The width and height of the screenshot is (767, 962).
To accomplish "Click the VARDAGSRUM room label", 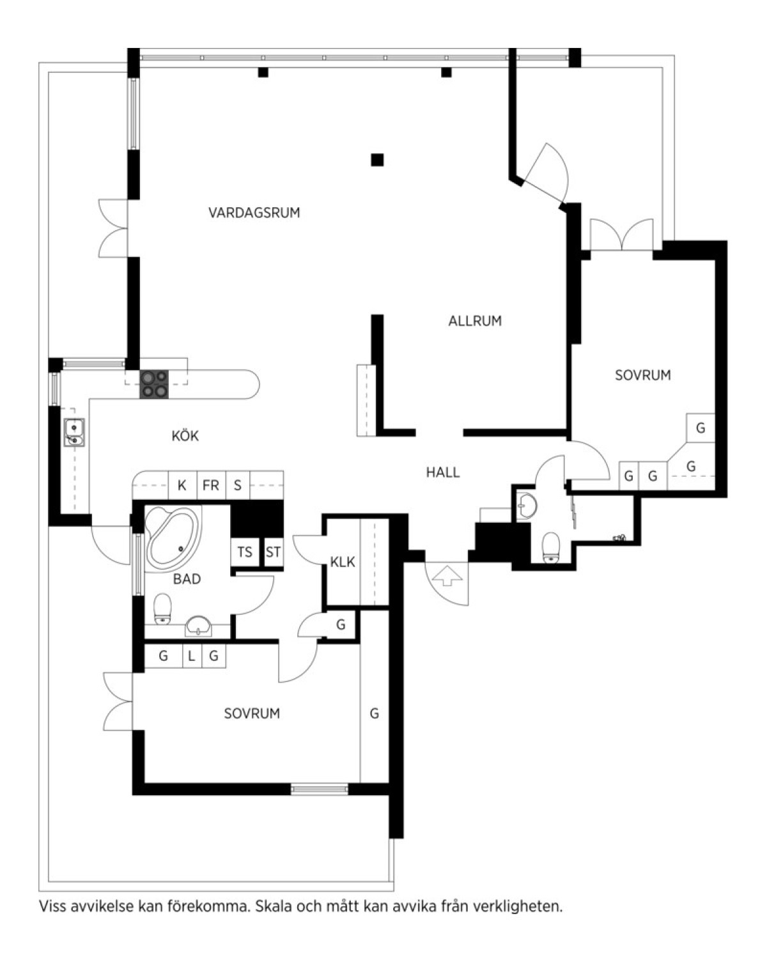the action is pyautogui.click(x=254, y=212).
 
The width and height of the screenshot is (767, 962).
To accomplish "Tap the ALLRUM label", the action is pyautogui.click(x=475, y=320).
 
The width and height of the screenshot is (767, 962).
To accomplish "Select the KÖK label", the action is pyautogui.click(x=185, y=435).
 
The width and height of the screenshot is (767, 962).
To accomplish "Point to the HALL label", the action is pyautogui.click(x=442, y=472).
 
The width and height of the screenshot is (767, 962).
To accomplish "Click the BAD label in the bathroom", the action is pyautogui.click(x=187, y=579).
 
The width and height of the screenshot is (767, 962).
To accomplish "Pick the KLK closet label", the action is pyautogui.click(x=343, y=562).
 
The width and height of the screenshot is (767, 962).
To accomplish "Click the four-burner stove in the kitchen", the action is pyautogui.click(x=154, y=384).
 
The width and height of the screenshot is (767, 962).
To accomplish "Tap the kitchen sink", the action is pyautogui.click(x=74, y=432).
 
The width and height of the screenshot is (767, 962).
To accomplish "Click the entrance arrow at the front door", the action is pyautogui.click(x=447, y=576).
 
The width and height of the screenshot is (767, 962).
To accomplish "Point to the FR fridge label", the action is pyautogui.click(x=210, y=485).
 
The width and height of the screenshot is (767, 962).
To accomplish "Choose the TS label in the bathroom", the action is pyautogui.click(x=245, y=552).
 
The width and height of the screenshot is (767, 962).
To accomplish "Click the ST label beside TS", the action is pyautogui.click(x=273, y=552).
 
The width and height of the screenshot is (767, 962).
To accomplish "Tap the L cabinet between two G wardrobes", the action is pyautogui.click(x=192, y=656).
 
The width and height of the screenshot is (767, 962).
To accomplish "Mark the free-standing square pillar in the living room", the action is pyautogui.click(x=377, y=160).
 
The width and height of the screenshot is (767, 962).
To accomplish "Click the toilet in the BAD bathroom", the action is pyautogui.click(x=162, y=609).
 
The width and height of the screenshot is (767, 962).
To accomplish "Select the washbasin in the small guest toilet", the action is pyautogui.click(x=527, y=506).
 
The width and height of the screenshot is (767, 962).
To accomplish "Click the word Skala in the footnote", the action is pyautogui.click(x=273, y=906).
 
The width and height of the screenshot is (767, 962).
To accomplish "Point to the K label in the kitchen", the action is pyautogui.click(x=182, y=485).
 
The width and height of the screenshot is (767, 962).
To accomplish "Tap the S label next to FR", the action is pyautogui.click(x=237, y=485).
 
